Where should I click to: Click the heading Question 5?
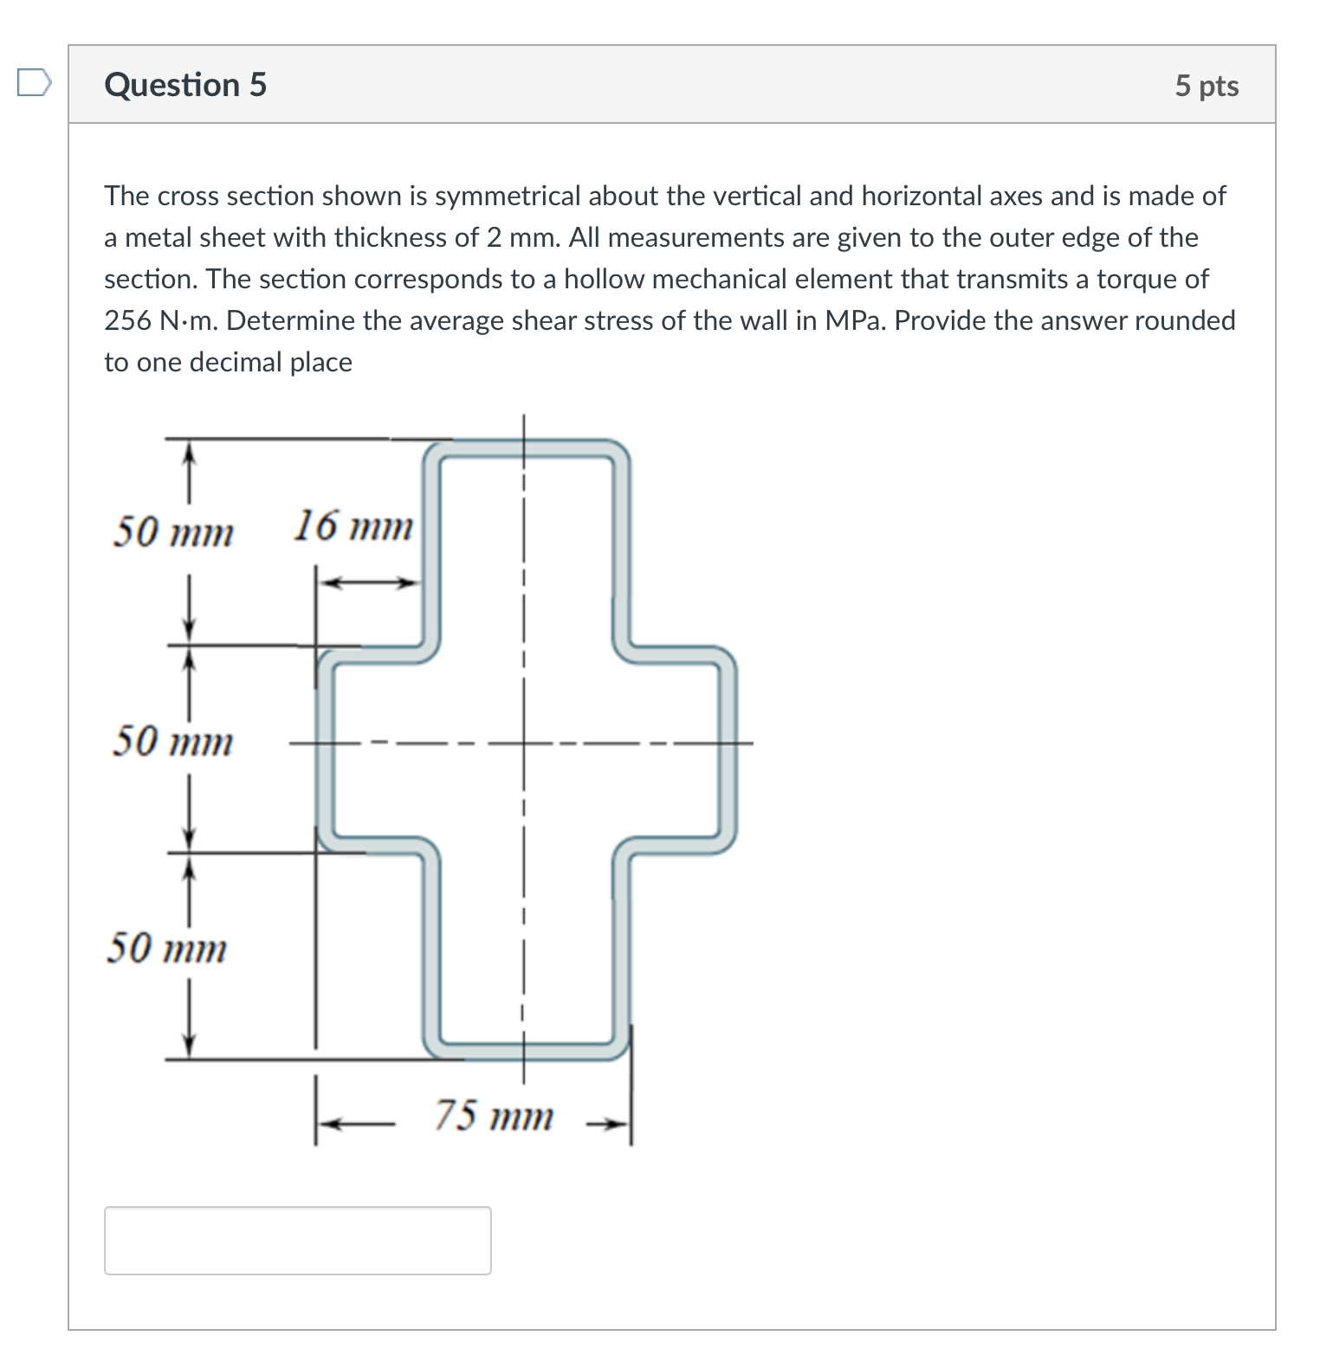point(185,85)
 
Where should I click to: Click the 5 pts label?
point(1206,86)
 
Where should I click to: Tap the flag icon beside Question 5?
point(34,83)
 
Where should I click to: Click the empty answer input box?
point(297,1240)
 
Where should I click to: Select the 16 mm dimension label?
point(352,526)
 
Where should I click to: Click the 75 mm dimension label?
point(493,1115)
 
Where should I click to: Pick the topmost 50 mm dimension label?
point(173,532)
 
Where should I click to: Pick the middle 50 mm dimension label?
point(172,741)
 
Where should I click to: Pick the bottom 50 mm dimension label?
point(166,948)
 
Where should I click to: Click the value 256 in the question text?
point(127,321)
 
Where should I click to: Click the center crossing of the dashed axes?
point(523,743)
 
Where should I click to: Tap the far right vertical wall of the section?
point(727,750)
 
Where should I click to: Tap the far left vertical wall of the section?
point(325,750)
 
